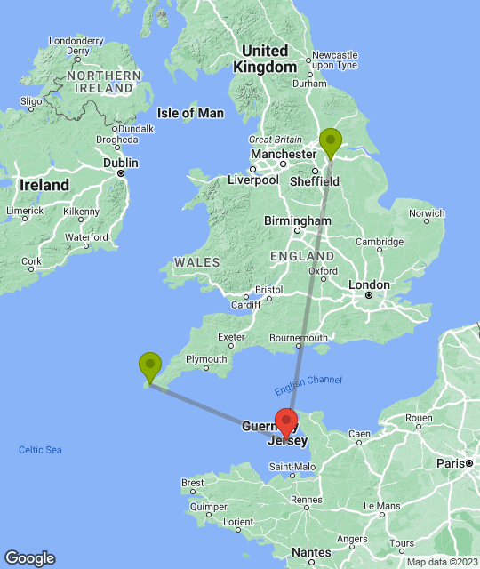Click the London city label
pos(369,285)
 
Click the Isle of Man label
pos(190,113)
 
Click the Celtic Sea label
pos(40,450)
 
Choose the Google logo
pos(28,558)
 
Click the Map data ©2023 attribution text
pos(441,562)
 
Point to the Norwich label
pos(426,213)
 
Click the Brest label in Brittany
pos(192,483)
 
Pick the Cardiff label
pos(244,305)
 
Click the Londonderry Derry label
pos(76,45)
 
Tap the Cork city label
pos(32,262)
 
